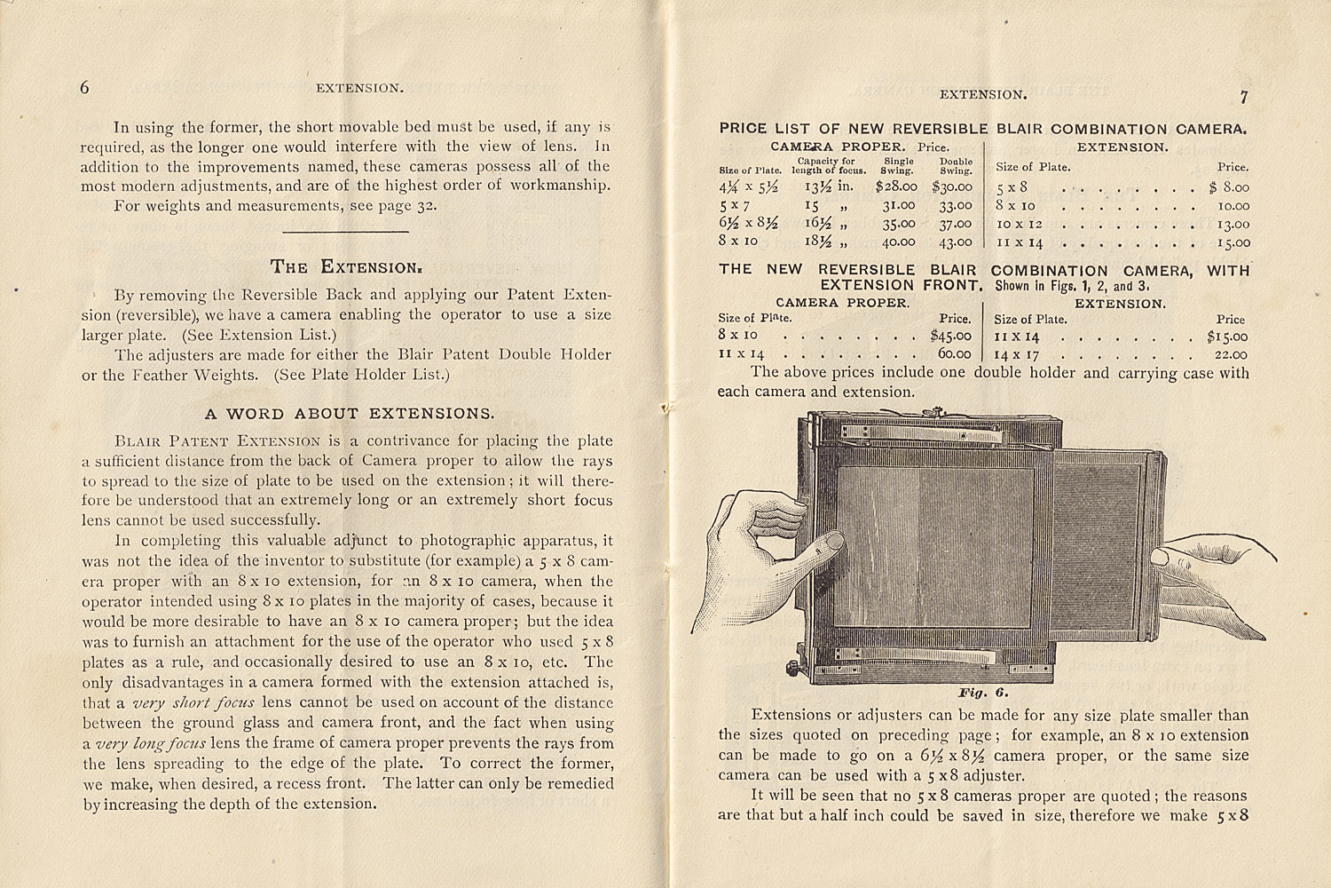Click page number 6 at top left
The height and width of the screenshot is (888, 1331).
click(x=85, y=87)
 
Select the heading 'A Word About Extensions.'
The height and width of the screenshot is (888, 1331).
click(x=349, y=413)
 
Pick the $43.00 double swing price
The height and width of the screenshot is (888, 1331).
click(x=953, y=241)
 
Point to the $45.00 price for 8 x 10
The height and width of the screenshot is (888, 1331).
click(x=950, y=336)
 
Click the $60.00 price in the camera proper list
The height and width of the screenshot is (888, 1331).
click(x=953, y=353)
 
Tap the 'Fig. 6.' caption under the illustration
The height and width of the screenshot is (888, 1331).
click(x=982, y=693)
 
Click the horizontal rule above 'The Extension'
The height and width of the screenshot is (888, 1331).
click(x=345, y=233)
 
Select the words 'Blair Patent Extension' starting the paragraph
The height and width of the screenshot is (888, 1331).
click(x=218, y=440)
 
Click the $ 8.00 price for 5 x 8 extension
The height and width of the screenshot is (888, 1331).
click(x=1229, y=187)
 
